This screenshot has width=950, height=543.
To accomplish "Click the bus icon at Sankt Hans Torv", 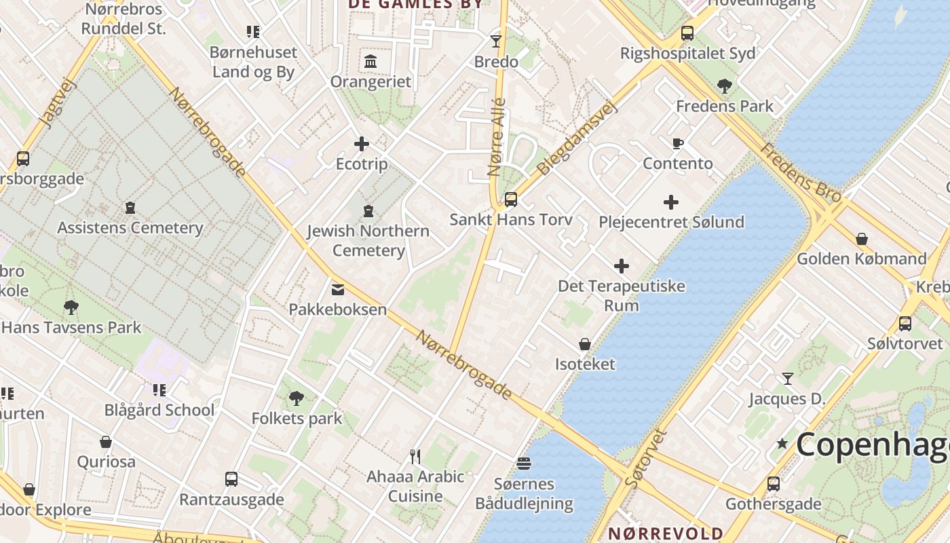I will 511,200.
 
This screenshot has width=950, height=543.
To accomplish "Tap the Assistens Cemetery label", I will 130,227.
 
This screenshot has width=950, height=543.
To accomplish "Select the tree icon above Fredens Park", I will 724,86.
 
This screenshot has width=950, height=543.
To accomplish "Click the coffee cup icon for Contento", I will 677,143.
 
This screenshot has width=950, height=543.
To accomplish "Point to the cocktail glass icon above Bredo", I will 496,41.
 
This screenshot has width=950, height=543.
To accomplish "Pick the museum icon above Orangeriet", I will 370,62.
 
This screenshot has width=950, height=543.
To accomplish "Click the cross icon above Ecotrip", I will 362,144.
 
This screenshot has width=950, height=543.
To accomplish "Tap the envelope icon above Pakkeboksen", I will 337,290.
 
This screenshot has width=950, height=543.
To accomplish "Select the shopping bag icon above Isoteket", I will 584,344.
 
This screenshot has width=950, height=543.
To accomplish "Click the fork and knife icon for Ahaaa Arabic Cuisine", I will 415,456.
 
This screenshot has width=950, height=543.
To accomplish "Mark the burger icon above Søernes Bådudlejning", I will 523,464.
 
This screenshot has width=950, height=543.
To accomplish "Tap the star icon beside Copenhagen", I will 782,444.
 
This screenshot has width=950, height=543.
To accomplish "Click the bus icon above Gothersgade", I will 773,484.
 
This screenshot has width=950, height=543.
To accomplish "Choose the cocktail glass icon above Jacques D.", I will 787,379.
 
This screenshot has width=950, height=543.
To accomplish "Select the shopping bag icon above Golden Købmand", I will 861,239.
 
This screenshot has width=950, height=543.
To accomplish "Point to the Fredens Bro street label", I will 801,172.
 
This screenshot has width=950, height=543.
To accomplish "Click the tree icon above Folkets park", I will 296,398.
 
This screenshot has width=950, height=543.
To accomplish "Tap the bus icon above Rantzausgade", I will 231,479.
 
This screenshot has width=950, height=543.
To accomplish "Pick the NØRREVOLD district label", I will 665,533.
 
